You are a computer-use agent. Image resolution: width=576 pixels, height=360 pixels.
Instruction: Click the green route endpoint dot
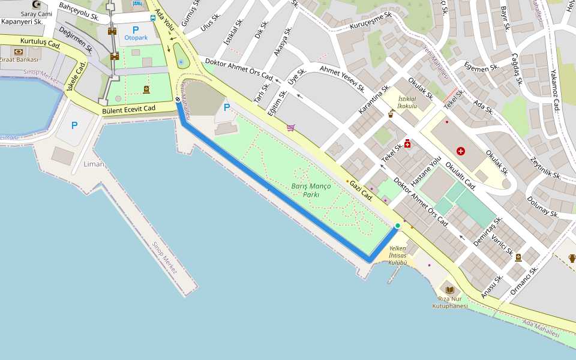398,226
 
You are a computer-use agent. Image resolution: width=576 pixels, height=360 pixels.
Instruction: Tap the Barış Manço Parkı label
311,190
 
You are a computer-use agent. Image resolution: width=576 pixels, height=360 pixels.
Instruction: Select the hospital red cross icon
461,151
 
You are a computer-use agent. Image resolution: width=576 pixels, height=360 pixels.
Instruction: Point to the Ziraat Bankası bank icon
19,52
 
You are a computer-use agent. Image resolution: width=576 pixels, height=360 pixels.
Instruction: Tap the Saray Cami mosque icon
36,5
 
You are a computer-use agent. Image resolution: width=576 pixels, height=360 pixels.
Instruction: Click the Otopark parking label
136,38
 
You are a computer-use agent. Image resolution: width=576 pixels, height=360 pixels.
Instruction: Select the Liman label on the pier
94,164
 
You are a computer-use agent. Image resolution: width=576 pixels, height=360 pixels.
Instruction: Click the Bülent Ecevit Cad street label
128,109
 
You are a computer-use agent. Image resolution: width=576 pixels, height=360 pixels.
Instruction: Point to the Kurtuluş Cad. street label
41,43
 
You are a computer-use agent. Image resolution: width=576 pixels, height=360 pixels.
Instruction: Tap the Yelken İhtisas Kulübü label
398,256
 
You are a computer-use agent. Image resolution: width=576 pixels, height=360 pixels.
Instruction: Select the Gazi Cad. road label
362,191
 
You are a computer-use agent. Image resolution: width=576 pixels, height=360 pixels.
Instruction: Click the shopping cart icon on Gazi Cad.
291,127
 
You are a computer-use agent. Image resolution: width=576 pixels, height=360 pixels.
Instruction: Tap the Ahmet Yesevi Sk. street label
343,78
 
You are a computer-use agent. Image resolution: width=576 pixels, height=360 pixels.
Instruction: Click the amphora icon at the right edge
571,259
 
